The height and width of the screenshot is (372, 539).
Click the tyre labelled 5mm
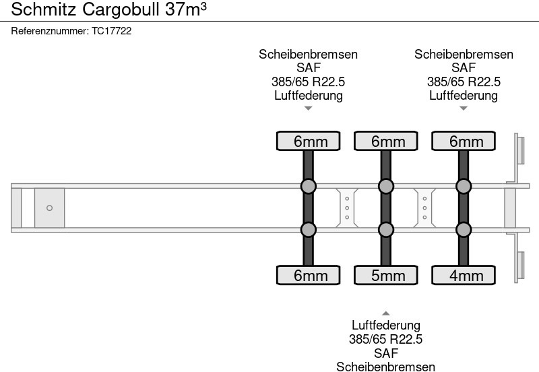pyautogui.click(x=385, y=275)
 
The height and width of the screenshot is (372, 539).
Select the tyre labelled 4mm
pyautogui.click(x=464, y=275)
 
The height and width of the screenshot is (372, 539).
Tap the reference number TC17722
pyautogui.click(x=111, y=31)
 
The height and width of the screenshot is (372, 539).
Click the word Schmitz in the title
pyautogui.click(x=43, y=9)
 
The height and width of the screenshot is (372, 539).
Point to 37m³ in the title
pyautogui.click(x=186, y=9)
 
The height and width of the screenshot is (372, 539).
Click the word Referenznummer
pyautogui.click(x=50, y=31)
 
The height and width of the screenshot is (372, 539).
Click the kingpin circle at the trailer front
pyautogui.click(x=49, y=208)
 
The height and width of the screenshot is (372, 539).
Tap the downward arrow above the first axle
pyautogui.click(x=308, y=108)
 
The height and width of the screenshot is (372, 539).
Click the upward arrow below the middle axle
pyautogui.click(x=385, y=313)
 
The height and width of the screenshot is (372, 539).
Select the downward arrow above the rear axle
pyautogui.click(x=464, y=108)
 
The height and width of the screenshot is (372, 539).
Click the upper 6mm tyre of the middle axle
pyautogui.click(x=385, y=141)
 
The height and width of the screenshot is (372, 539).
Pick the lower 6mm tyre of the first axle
pyautogui.click(x=308, y=275)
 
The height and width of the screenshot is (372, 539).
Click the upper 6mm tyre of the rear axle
pyautogui.click(x=464, y=141)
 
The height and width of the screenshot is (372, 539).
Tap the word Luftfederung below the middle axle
pyautogui.click(x=385, y=325)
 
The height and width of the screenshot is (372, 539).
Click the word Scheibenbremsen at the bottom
pyautogui.click(x=385, y=367)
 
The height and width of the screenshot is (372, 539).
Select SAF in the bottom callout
pyautogui.click(x=385, y=353)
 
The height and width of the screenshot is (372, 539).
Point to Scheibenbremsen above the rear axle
pyautogui.click(x=464, y=55)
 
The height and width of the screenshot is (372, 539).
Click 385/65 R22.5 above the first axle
pyautogui.click(x=308, y=82)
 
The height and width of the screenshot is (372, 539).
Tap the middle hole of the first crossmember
pyautogui.click(x=347, y=208)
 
